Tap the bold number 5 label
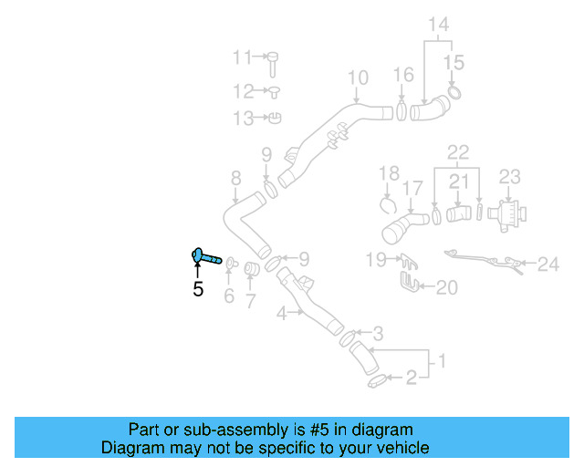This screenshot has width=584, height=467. pos(198,290)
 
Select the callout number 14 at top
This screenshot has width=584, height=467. pos(438,25)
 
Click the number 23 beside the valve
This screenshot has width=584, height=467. pos(509,176)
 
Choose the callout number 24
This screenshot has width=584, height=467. pos(547,265)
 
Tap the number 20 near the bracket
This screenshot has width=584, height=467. pos(446,288)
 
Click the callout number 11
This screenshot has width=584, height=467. pos(242,58)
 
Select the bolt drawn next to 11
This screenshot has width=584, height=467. pos(272,63)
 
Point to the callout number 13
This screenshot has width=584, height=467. pos(243,119)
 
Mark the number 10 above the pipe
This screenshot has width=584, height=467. pos(357,78)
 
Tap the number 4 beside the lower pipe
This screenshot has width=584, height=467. pos(283,312)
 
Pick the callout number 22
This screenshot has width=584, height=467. pos(458,150)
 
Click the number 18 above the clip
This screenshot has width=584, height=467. pos(390,172)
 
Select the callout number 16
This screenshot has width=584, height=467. pos(403,74)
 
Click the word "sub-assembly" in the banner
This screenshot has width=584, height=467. pos(215,430)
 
